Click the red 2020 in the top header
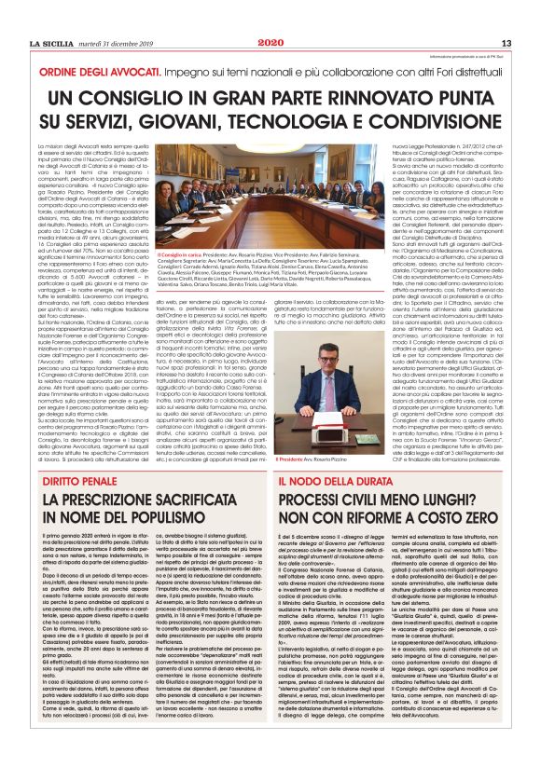(270, 43)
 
